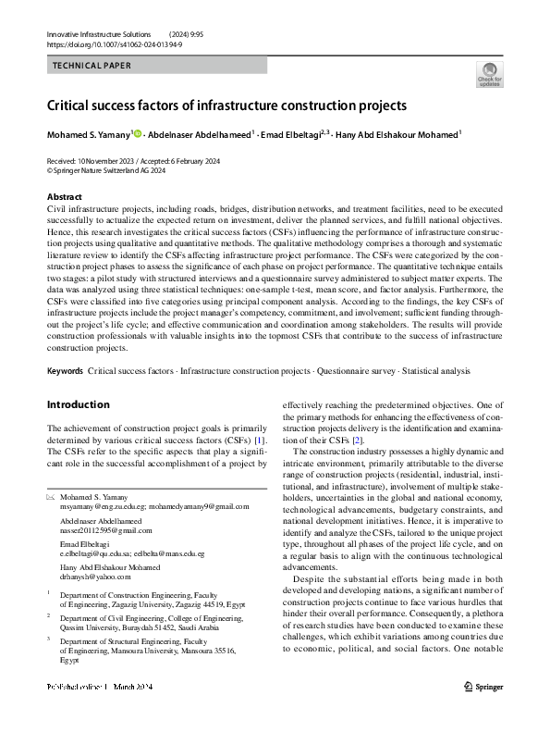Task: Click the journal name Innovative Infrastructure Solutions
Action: click(x=98, y=33)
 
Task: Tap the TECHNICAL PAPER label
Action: click(x=92, y=66)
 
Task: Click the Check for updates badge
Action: click(x=489, y=73)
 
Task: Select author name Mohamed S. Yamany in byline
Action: click(x=88, y=135)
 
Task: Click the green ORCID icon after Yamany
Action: click(x=138, y=135)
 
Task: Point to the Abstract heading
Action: click(x=64, y=197)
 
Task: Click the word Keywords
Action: click(x=65, y=371)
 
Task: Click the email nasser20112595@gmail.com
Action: click(x=106, y=531)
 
